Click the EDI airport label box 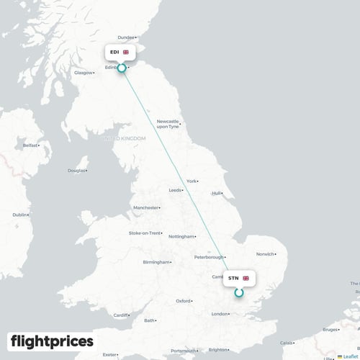click(x=119, y=53)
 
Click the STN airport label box click(x=238, y=278)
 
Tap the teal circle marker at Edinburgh click(x=122, y=68)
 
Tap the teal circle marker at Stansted click(x=239, y=292)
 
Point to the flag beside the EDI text click(x=126, y=53)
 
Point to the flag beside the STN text click(x=246, y=278)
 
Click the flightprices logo click(x=52, y=341)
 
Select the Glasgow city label click(x=84, y=72)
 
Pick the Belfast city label click(x=30, y=145)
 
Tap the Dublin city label click(x=19, y=215)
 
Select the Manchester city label click(x=145, y=208)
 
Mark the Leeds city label click(x=175, y=190)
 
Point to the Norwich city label click(x=265, y=253)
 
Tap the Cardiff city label click(x=121, y=315)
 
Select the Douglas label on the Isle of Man click(x=76, y=171)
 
